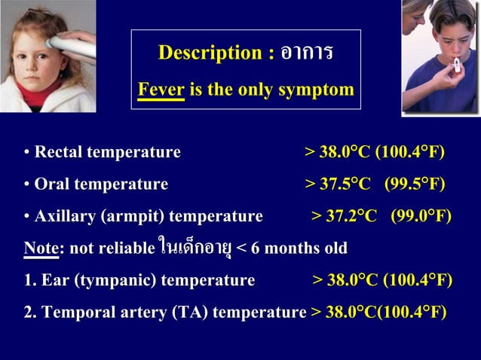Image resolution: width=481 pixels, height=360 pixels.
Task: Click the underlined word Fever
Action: tap(161, 90)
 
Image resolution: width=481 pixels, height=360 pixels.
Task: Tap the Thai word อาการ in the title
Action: tap(306, 53)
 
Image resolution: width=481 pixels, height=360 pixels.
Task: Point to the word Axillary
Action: tap(69, 217)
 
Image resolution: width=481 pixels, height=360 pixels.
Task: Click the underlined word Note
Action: tap(41, 248)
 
